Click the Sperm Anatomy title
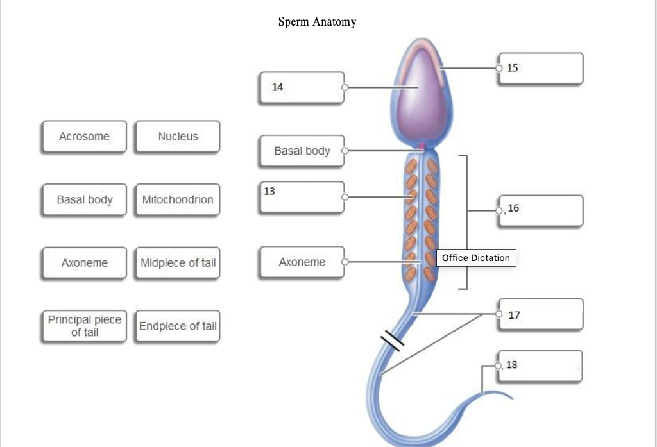(x=317, y=22)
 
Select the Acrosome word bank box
(x=84, y=137)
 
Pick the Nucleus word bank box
(x=178, y=137)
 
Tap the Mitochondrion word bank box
(x=178, y=199)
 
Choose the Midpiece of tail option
(x=178, y=263)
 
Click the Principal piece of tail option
(x=84, y=326)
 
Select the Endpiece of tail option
(x=178, y=326)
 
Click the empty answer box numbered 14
(x=302, y=88)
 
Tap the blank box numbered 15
(x=541, y=68)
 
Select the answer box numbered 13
(x=302, y=197)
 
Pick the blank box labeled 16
(x=541, y=210)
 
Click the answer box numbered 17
(x=541, y=314)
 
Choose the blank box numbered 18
(x=541, y=366)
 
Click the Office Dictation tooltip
(x=476, y=258)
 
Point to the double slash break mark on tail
(x=393, y=342)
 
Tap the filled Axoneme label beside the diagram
(x=302, y=262)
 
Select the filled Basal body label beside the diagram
(x=302, y=151)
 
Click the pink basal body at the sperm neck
(x=422, y=147)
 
